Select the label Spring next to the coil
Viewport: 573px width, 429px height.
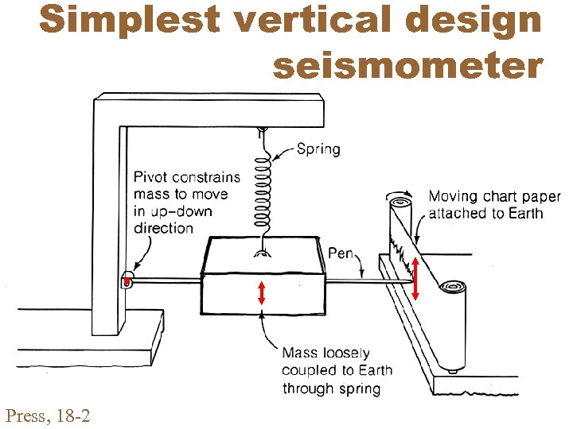(318, 149)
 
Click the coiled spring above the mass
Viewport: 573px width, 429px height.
(262, 191)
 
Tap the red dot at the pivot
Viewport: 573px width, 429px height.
(127, 280)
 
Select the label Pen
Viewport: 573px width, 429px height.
(341, 253)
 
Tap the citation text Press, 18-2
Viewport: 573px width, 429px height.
(47, 414)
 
